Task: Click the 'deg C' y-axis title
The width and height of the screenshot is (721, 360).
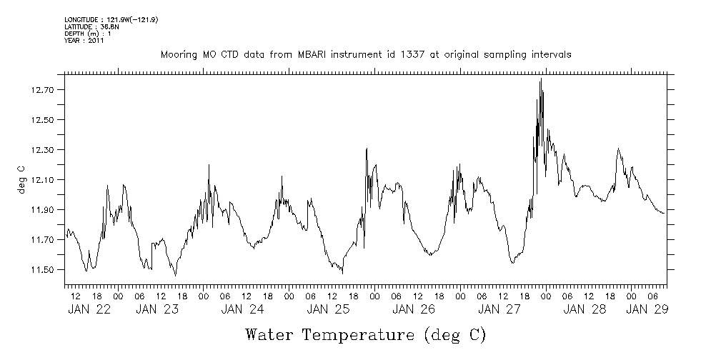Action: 21,179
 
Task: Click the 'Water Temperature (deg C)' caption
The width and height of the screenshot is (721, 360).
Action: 365,334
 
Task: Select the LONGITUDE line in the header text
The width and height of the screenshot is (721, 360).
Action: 111,19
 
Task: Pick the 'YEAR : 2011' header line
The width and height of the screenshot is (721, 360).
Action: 84,41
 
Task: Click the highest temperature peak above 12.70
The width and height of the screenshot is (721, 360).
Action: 541,79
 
